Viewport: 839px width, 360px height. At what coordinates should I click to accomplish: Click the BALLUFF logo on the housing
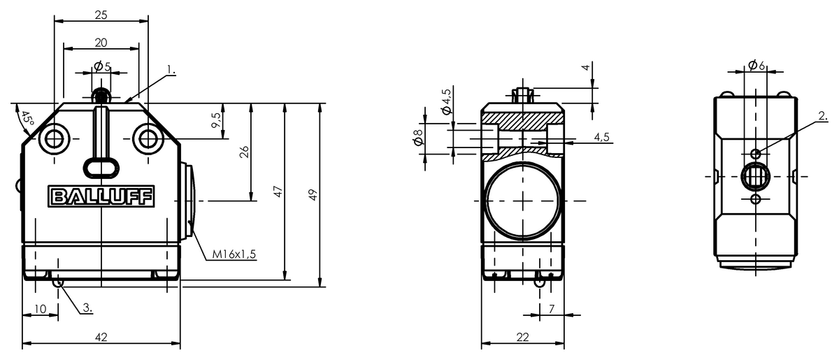[x=101, y=196]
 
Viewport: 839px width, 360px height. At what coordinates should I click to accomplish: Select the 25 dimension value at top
[x=101, y=15]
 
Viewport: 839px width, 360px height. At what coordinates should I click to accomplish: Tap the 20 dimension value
[x=101, y=43]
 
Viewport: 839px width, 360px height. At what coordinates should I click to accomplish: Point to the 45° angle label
[x=27, y=118]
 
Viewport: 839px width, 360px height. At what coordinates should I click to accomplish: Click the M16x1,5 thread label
[x=234, y=254]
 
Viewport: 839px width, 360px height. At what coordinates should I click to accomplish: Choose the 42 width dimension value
[x=101, y=337]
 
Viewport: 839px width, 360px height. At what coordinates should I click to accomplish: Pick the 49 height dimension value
[x=313, y=195]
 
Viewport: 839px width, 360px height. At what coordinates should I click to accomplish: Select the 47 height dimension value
[x=278, y=192]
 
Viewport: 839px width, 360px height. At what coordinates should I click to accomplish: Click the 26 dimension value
[x=244, y=152]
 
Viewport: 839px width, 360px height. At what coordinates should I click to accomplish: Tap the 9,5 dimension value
[x=216, y=120]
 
